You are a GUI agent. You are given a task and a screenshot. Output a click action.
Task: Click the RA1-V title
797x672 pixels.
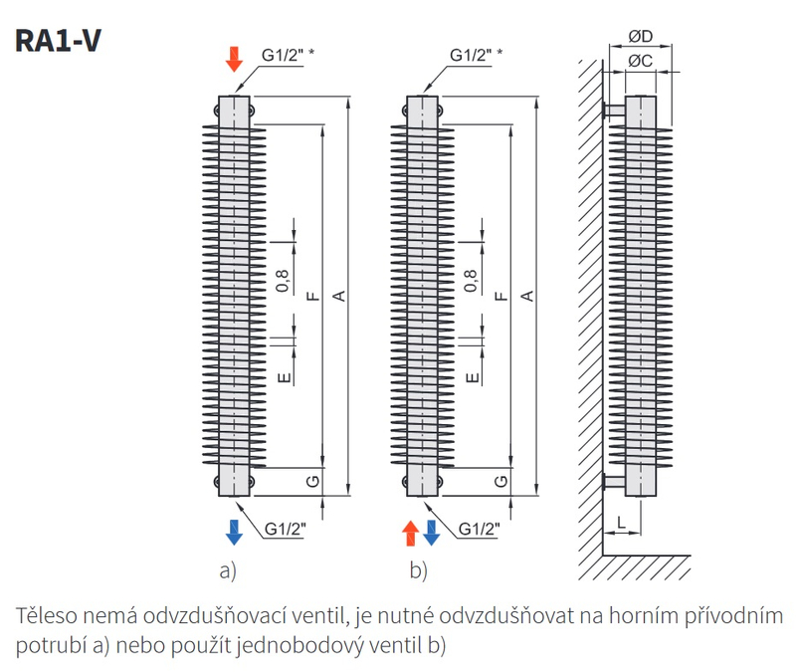[x=58, y=40]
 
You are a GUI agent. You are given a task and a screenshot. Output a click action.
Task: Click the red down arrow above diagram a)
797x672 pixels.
[x=234, y=59]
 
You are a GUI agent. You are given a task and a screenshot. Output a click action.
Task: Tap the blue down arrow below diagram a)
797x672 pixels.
[x=234, y=533]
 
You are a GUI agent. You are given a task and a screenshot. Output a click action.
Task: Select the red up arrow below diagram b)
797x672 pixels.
[x=410, y=533]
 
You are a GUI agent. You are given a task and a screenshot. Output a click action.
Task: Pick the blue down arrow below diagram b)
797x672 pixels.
[x=432, y=533]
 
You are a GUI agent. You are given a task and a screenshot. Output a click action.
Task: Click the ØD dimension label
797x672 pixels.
[x=641, y=36]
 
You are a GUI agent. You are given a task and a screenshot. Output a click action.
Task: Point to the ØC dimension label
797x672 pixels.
[x=641, y=61]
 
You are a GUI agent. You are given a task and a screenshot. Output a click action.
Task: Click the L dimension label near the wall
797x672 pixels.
[x=621, y=523]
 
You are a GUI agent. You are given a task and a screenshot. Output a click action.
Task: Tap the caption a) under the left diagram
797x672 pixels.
[x=228, y=570]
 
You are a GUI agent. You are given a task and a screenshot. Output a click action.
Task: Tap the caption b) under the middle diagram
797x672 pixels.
[x=418, y=570]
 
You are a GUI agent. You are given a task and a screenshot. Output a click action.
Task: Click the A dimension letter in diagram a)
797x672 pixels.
[x=339, y=296]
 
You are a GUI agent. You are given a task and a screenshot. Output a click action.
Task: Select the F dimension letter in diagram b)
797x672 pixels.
[x=501, y=296]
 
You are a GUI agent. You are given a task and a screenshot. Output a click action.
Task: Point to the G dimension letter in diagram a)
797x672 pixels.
[x=313, y=481]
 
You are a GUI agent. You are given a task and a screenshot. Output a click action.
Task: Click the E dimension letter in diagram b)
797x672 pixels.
[x=473, y=377]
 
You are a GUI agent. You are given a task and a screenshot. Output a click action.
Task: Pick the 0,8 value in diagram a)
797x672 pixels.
[x=283, y=281]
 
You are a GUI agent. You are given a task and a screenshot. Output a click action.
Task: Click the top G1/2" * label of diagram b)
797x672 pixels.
[x=477, y=55]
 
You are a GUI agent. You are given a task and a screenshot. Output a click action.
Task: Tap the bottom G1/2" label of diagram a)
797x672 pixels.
[x=286, y=529]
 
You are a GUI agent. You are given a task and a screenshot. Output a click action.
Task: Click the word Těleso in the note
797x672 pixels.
[x=46, y=615]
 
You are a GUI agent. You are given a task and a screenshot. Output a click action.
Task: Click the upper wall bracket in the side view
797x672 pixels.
[x=614, y=110]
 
